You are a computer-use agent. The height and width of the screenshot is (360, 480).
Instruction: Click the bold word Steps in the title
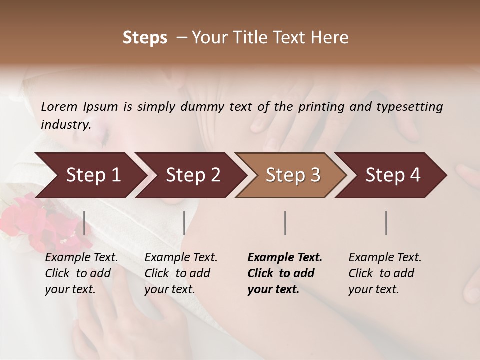[x=145, y=38]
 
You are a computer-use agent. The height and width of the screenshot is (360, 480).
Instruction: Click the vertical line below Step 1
[x=84, y=223]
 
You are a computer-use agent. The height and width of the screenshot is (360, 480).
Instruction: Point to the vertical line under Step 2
[x=184, y=223]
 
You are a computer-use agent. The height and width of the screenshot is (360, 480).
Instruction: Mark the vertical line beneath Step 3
[x=285, y=223]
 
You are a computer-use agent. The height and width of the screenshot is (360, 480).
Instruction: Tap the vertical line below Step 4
[x=386, y=223]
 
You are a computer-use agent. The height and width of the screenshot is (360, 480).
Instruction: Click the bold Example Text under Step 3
[x=285, y=258]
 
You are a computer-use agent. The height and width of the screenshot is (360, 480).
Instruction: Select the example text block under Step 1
[x=81, y=273]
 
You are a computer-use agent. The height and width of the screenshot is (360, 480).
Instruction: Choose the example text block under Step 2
[x=181, y=273]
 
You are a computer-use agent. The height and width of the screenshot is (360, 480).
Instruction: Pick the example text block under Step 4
[x=385, y=273]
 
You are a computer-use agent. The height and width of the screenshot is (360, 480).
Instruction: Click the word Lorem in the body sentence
[x=59, y=107]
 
